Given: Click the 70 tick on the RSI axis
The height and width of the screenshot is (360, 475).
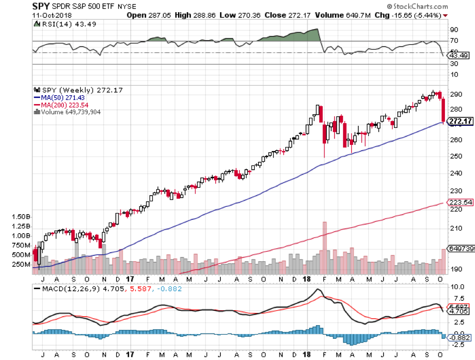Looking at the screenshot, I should (454, 40).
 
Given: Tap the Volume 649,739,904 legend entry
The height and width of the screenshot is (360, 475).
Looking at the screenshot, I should (70, 112).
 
